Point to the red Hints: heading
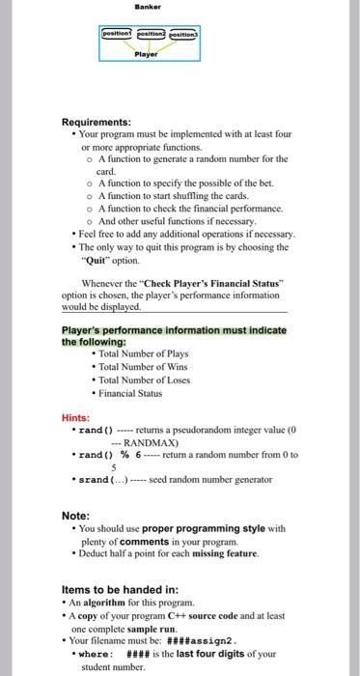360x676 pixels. click(76, 417)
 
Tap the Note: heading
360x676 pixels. click(76, 516)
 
